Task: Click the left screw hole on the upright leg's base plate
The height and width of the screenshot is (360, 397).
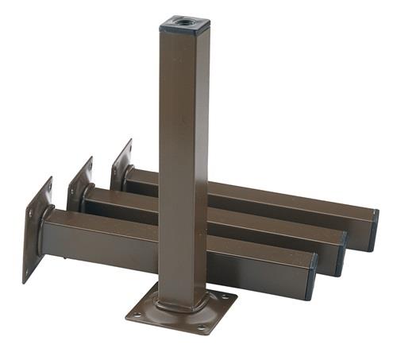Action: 138,314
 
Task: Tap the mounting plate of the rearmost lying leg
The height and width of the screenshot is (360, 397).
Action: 121,164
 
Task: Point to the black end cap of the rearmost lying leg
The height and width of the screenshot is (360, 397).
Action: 373,229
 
